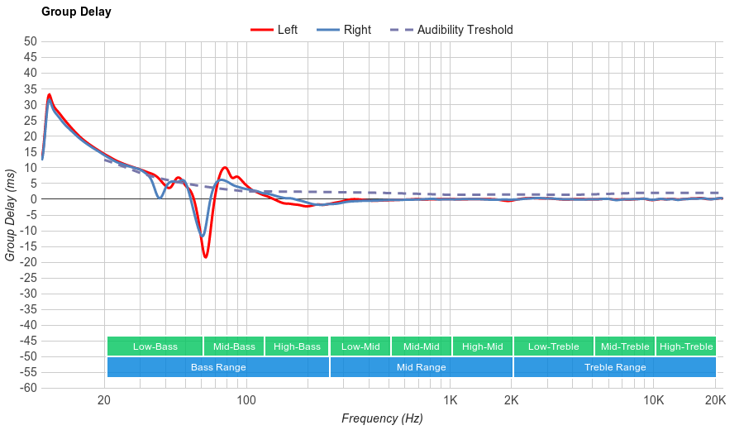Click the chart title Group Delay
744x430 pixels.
tap(76, 12)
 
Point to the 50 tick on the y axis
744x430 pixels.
tap(31, 41)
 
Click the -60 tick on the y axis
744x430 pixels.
tap(29, 388)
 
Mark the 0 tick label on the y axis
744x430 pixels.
tap(34, 199)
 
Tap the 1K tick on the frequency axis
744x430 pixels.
tap(450, 401)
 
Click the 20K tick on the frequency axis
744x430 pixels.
tap(715, 401)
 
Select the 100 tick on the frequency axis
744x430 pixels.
tap(246, 401)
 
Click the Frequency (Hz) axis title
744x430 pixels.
tap(382, 418)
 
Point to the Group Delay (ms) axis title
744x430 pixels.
tap(11, 215)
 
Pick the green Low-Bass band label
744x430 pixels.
tap(155, 346)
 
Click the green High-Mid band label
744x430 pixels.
tap(482, 346)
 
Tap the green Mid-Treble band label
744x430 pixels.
tap(624, 346)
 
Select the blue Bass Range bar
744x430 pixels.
tap(217, 367)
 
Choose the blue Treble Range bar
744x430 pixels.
tap(614, 367)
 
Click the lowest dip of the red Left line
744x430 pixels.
tap(205, 257)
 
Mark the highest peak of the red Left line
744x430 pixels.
tap(50, 94)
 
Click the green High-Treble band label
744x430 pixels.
tap(685, 346)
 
